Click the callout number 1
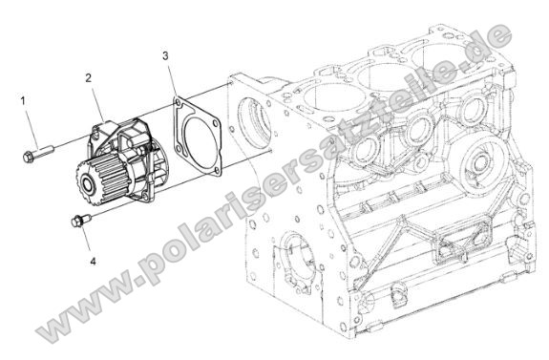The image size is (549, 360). coord(23,101)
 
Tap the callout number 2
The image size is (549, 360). coord(89,77)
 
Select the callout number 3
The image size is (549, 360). coord(165,55)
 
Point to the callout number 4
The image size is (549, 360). coord(93,261)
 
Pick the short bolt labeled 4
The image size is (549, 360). coord(80,221)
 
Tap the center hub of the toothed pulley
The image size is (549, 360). coord(87,186)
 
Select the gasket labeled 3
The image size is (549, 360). coord(198,137)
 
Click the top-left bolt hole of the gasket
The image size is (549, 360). coord(178,102)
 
